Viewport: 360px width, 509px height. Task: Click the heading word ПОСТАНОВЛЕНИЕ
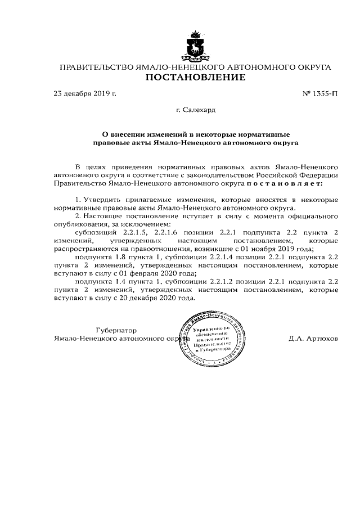195,78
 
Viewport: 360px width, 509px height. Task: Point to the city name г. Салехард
195,110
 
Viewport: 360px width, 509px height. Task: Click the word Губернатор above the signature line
117,330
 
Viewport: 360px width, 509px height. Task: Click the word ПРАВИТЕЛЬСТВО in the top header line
94,67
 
